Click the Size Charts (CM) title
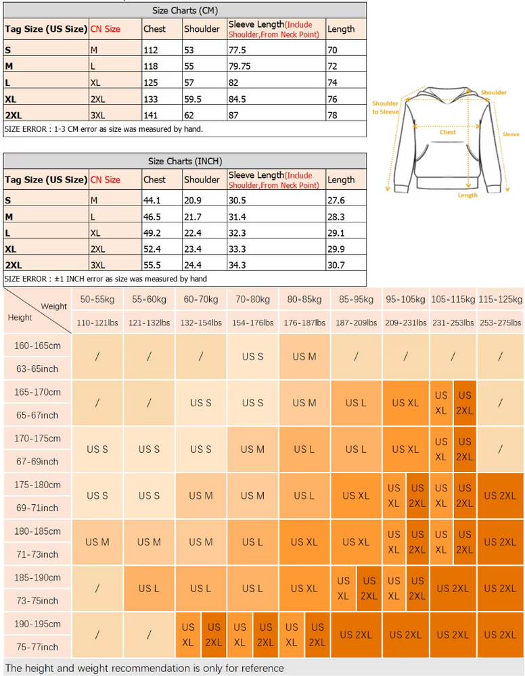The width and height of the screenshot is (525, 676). tap(185, 10)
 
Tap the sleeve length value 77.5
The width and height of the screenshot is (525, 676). tap(237, 49)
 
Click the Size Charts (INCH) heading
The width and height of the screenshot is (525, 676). tap(185, 161)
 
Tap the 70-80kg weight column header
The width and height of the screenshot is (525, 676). tap(252, 299)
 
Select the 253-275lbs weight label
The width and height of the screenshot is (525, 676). tap(500, 322)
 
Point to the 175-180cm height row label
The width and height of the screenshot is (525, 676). tap(37, 485)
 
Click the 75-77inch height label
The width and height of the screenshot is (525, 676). tap(37, 647)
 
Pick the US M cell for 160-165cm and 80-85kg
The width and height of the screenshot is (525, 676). tap(304, 356)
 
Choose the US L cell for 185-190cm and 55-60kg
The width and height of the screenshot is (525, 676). tap(149, 588)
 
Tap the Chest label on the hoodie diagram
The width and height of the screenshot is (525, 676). tap(448, 132)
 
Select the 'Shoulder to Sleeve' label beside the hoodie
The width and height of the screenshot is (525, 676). tap(386, 107)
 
